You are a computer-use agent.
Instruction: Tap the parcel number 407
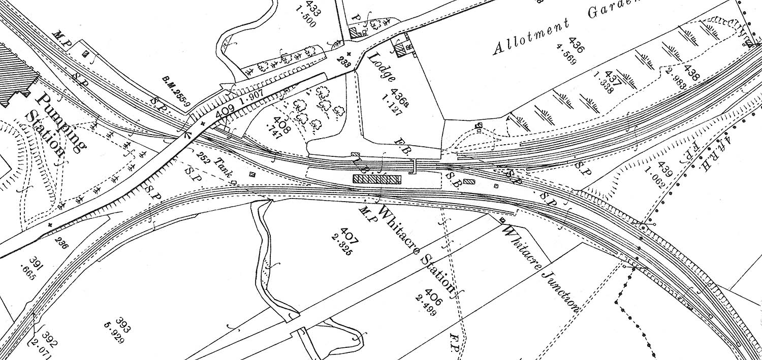click(x=351, y=236)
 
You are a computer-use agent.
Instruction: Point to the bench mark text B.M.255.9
click(x=175, y=93)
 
